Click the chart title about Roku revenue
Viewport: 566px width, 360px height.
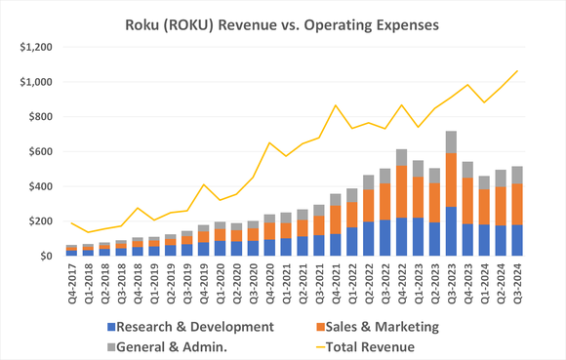click(x=283, y=20)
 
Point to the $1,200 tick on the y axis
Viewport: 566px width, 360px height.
click(x=33, y=47)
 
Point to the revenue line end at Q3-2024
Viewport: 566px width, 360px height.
click(x=516, y=71)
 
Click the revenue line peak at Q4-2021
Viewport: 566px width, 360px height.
click(x=336, y=105)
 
